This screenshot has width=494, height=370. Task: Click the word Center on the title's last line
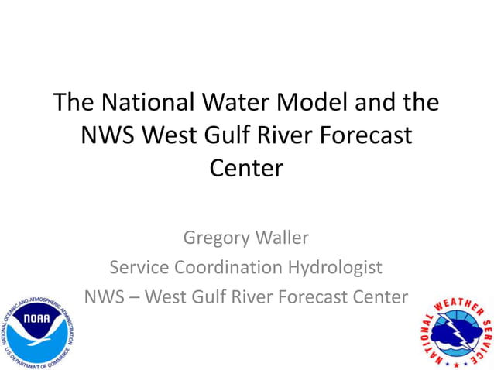(247, 167)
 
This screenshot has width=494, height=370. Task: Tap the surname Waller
(282, 237)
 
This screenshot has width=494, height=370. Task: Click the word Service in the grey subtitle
(141, 267)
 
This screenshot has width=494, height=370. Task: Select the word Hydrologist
(341, 268)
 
